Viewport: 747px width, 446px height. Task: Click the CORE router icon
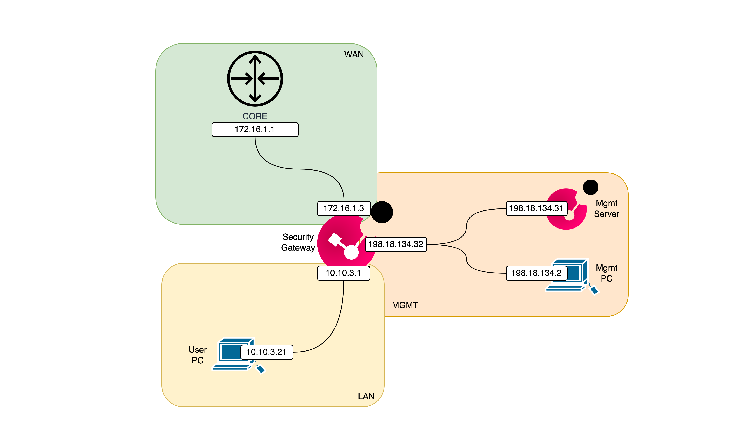[255, 79]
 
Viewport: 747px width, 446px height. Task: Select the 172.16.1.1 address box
[255, 129]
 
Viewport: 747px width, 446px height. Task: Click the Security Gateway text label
[298, 242]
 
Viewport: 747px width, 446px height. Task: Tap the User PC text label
[198, 355]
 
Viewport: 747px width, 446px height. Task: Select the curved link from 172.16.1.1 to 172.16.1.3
[297, 169]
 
